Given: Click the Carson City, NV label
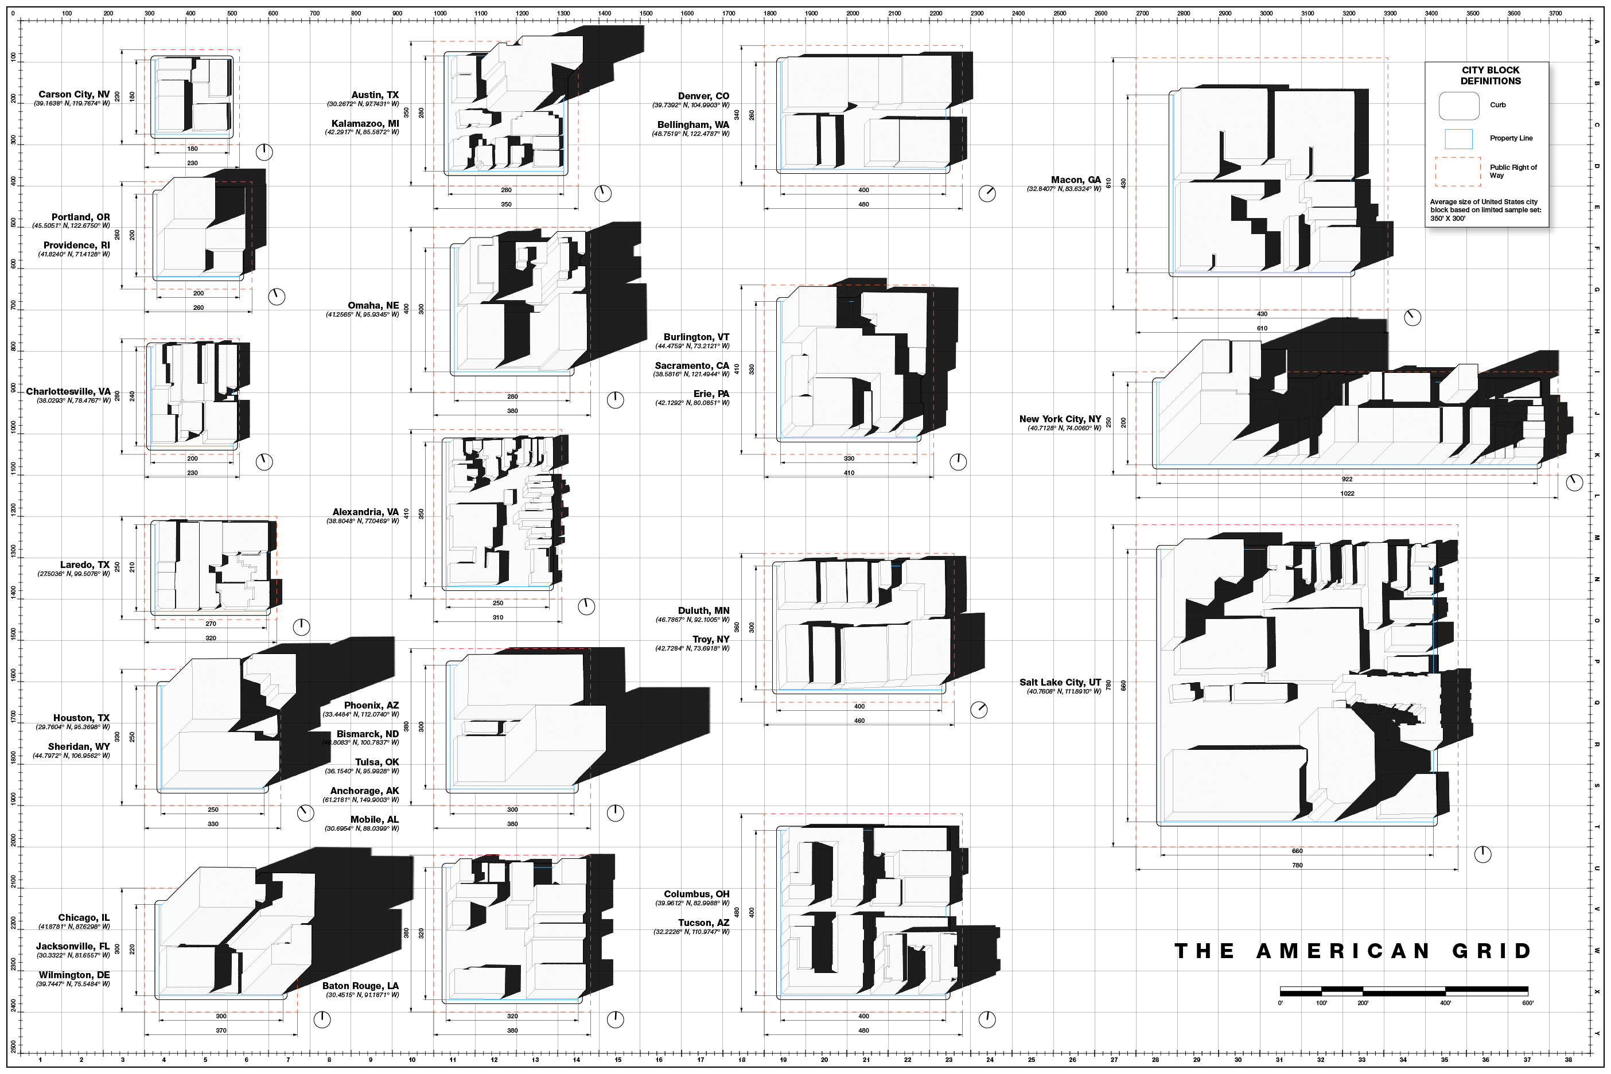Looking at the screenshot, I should pyautogui.click(x=74, y=95).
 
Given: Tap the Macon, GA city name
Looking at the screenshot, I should pyautogui.click(x=1076, y=180).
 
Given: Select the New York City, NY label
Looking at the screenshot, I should pyautogui.click(x=1060, y=419).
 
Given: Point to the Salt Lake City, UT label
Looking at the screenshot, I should pyautogui.click(x=1060, y=682).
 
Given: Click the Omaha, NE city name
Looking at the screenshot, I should pyautogui.click(x=373, y=305).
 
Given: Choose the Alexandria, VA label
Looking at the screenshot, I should pyautogui.click(x=365, y=512).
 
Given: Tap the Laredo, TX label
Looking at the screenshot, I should pyautogui.click(x=85, y=565).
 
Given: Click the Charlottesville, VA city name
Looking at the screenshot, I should pyautogui.click(x=68, y=392).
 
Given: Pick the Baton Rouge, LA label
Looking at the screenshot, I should pyautogui.click(x=360, y=986).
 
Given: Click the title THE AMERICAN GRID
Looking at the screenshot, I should pyautogui.click(x=1353, y=951).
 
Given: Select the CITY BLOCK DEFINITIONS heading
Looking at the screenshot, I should pyautogui.click(x=1491, y=75).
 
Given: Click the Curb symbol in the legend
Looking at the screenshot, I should pyautogui.click(x=1459, y=106).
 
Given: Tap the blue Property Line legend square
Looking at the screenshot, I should pyautogui.click(x=1458, y=139).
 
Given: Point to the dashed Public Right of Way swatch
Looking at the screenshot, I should pyautogui.click(x=1458, y=172).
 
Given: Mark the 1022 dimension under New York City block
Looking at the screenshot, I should pyautogui.click(x=1347, y=493).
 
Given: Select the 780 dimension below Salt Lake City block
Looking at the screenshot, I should pyautogui.click(x=1297, y=865).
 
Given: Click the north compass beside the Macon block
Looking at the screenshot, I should pyautogui.click(x=1412, y=318).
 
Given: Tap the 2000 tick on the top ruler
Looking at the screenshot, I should pyautogui.click(x=853, y=13).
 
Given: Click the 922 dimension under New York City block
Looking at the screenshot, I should pyautogui.click(x=1347, y=479).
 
